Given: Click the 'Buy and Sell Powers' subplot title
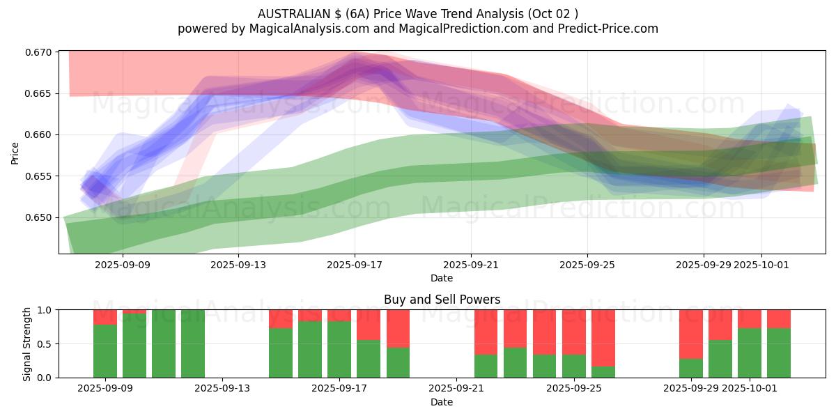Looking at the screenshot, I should click(x=442, y=300).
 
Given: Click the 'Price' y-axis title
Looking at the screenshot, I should click(x=15, y=153).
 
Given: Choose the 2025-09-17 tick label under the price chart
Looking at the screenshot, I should click(x=355, y=265).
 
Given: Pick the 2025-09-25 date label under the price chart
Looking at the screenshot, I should click(x=587, y=265).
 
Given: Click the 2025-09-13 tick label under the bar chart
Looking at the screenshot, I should click(x=222, y=389).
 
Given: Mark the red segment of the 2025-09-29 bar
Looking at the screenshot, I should click(x=691, y=334).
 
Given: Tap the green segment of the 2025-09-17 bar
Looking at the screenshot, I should click(x=339, y=349).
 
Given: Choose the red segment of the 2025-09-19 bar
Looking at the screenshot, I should click(x=398, y=328).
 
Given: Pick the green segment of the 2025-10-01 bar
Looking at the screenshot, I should click(x=750, y=353).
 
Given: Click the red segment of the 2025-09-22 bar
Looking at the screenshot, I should click(x=486, y=332).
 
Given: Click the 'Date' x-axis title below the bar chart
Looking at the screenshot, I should click(x=442, y=402).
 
